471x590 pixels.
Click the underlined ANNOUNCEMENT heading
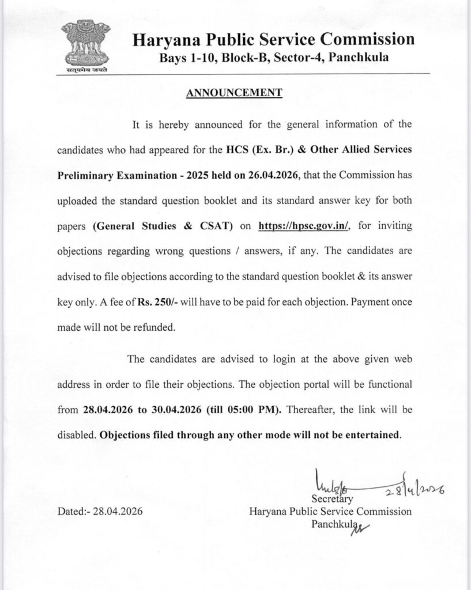pos(233,93)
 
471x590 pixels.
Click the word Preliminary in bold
pos(85,174)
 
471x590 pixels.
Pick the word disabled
pos(76,435)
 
